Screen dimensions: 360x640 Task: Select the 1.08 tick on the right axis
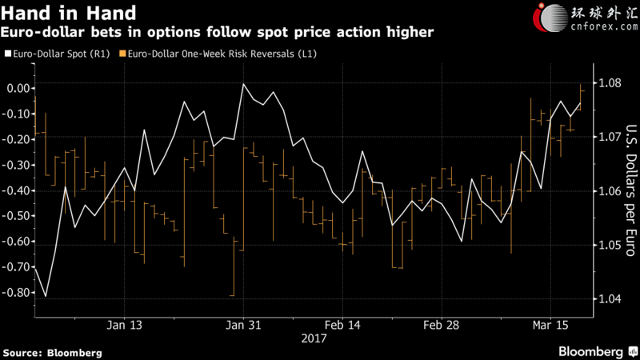[x=610, y=82]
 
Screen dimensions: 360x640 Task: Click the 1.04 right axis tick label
[x=610, y=299]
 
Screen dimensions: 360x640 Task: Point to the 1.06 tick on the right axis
[x=610, y=191]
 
